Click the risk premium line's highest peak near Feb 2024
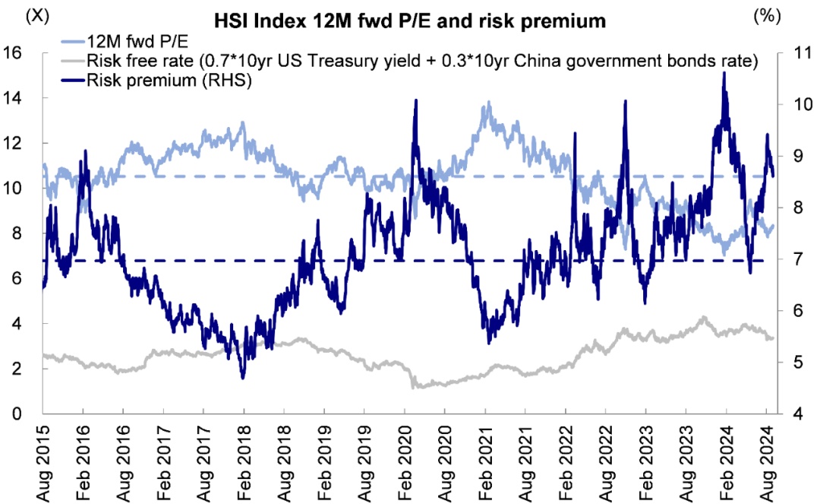(724, 73)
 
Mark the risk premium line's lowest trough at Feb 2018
(242, 378)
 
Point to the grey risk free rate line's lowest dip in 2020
(413, 388)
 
